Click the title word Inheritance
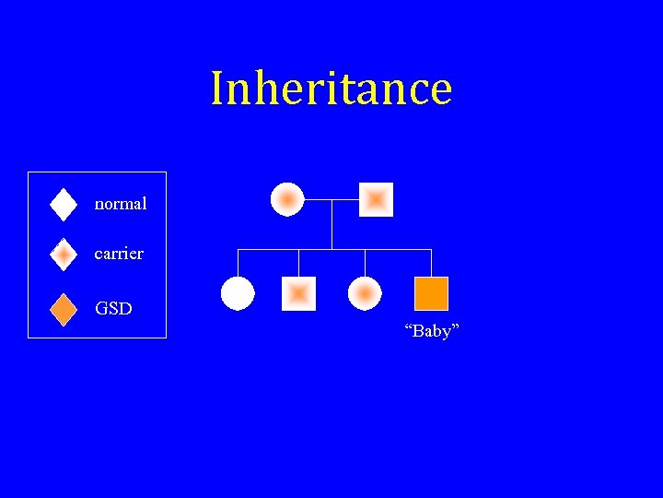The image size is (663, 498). [331, 89]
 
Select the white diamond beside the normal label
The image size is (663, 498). [63, 204]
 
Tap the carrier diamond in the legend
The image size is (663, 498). [63, 254]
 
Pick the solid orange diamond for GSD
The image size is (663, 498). [63, 309]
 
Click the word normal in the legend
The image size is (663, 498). [121, 204]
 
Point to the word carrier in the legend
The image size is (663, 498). [119, 253]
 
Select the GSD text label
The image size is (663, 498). [113, 308]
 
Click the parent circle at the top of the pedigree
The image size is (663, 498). [287, 199]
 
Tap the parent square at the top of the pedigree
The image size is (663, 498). [376, 199]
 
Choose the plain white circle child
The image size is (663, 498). [238, 293]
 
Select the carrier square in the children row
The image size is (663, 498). [298, 293]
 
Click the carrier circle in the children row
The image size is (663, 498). [365, 293]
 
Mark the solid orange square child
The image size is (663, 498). [431, 293]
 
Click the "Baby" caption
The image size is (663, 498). [431, 331]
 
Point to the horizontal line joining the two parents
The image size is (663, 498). [331, 199]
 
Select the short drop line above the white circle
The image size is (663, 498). [238, 262]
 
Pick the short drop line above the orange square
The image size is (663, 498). [431, 262]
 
